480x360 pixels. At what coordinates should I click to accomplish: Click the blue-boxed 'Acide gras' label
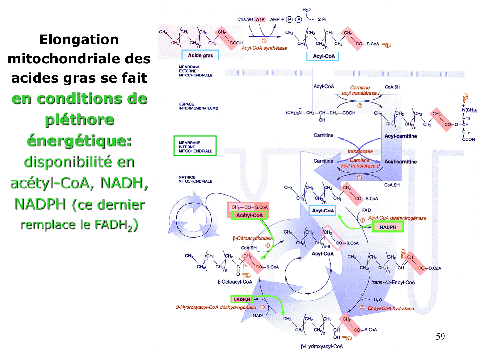click(x=200, y=55)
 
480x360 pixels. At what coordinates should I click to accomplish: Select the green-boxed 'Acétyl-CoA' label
click(x=249, y=215)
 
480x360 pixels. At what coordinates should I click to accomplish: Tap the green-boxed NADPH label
click(x=388, y=227)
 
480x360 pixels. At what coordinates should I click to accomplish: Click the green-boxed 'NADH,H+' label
click(x=242, y=300)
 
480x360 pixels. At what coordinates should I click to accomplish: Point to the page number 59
click(x=440, y=336)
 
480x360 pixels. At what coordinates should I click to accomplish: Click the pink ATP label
click(x=260, y=19)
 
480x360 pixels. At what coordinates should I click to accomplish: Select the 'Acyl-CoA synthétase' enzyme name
click(x=264, y=48)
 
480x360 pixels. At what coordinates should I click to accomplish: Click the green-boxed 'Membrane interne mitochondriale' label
click(x=195, y=147)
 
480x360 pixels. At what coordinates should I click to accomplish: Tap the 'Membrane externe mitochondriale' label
click(x=195, y=71)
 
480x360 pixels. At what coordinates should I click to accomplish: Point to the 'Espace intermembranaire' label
click(x=198, y=106)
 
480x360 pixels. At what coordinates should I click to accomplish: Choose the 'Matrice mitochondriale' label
click(x=195, y=179)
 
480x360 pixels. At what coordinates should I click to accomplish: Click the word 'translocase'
click(x=360, y=151)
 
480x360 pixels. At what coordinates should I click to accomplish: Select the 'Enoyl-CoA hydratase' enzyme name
click(x=391, y=308)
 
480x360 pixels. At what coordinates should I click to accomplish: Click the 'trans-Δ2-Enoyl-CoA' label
click(x=393, y=282)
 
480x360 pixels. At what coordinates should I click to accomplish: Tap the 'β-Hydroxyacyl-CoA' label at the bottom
click(x=322, y=346)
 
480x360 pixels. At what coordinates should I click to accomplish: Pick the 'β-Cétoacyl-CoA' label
click(x=235, y=282)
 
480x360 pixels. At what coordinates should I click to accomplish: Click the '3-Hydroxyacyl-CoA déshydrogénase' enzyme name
click(x=216, y=307)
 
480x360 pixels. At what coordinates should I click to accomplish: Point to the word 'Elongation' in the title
click(x=79, y=40)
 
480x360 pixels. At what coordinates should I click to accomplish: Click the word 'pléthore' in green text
click(x=79, y=120)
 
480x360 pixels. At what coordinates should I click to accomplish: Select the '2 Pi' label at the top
click(x=322, y=19)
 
